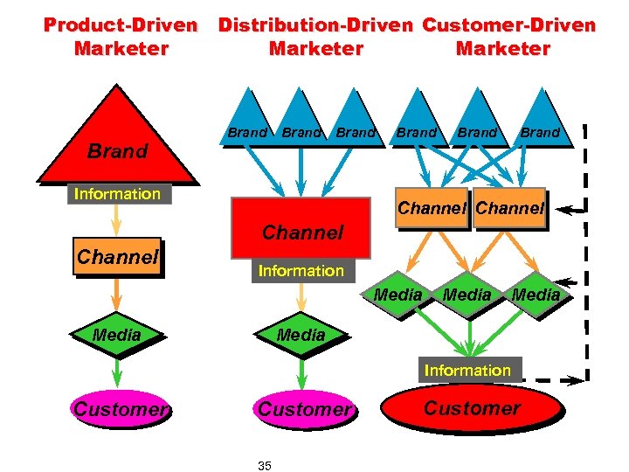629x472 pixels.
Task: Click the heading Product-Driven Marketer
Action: pyautogui.click(x=121, y=37)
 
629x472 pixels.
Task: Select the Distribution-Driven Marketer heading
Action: pyautogui.click(x=315, y=37)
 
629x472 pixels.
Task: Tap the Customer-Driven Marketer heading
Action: pyautogui.click(x=507, y=37)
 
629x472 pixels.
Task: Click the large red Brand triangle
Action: pyautogui.click(x=118, y=140)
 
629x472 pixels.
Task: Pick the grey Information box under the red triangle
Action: pyautogui.click(x=118, y=194)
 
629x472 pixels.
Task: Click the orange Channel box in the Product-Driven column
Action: pyautogui.click(x=117, y=257)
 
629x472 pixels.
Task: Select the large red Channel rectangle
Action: pyautogui.click(x=302, y=229)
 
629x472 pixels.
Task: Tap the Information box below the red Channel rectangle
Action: pyautogui.click(x=301, y=271)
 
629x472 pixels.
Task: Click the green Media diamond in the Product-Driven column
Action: pyautogui.click(x=117, y=335)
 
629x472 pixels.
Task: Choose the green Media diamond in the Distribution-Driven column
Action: pyautogui.click(x=301, y=335)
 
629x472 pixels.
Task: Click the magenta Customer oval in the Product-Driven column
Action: pyautogui.click(x=121, y=408)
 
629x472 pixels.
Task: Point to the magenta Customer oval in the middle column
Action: pyautogui.click(x=303, y=408)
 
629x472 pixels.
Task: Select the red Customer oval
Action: pyautogui.click(x=472, y=408)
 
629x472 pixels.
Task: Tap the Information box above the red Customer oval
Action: pyautogui.click(x=467, y=371)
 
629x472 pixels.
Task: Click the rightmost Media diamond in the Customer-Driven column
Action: pyautogui.click(x=535, y=295)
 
